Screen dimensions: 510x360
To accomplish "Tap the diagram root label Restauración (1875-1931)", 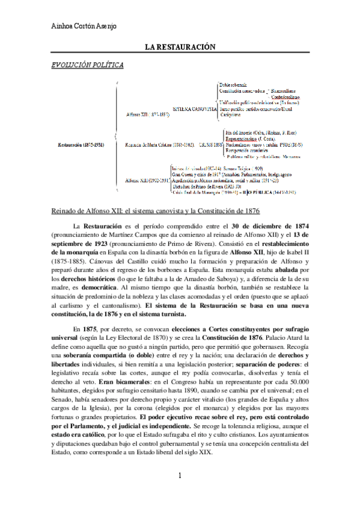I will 81,144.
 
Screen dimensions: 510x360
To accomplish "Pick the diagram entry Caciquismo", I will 230,113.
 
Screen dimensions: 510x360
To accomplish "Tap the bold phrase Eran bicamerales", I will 99,382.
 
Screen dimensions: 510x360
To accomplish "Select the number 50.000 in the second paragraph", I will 311,382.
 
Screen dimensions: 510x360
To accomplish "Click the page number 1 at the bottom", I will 179,494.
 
